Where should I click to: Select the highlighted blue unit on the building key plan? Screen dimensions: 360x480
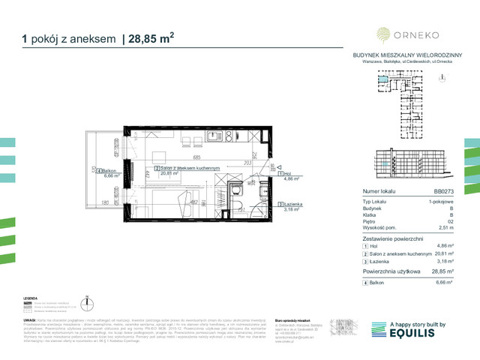[383, 79]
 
